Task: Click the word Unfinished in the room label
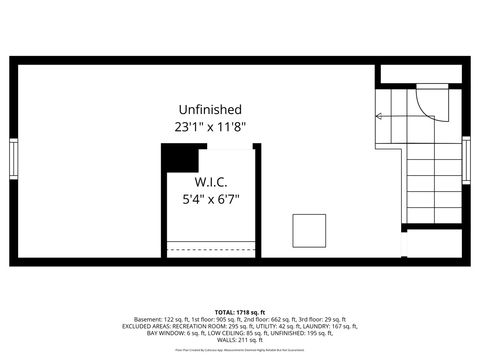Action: [209, 109]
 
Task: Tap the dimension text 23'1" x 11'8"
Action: [209, 127]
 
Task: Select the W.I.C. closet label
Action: [210, 182]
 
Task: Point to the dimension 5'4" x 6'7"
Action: [210, 199]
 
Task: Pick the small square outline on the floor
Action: [309, 230]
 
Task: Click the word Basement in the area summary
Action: [151, 318]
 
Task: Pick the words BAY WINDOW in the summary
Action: [143, 333]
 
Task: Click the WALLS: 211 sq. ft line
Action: [240, 340]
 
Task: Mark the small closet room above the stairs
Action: [420, 73]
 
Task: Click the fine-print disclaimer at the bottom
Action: [240, 351]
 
